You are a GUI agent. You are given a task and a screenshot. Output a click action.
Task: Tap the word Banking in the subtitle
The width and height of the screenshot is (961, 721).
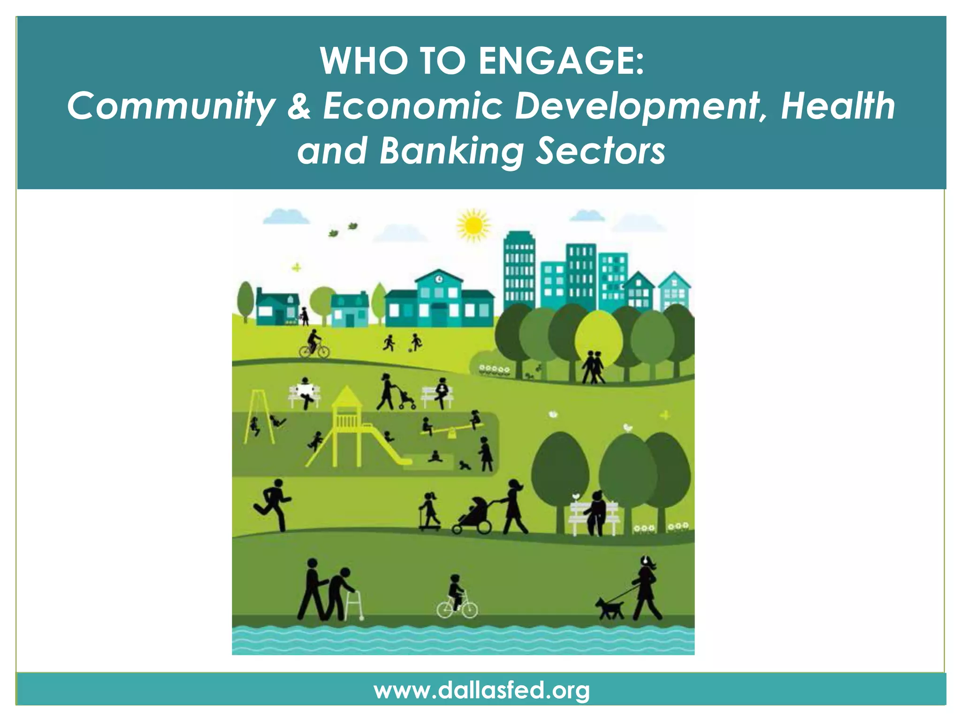[450, 151]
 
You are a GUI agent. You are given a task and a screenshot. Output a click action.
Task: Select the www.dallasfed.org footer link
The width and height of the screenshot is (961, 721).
[481, 690]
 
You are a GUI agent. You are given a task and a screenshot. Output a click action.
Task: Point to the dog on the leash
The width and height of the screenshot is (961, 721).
[609, 607]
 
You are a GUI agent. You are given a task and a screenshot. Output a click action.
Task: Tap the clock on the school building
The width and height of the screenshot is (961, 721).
[438, 279]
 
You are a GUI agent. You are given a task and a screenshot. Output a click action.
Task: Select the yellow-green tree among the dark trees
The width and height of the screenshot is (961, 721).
[598, 338]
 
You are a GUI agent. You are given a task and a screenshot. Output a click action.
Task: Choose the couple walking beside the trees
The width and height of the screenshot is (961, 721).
[593, 367]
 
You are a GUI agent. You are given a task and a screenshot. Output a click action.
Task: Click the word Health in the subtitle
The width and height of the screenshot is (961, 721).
[838, 106]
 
